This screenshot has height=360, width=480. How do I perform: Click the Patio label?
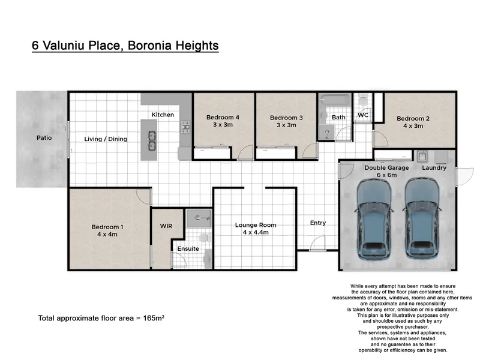pos(44,138)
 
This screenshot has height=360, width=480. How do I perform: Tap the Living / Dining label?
pos(106,139)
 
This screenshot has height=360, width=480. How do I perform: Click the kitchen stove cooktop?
pos(185,127)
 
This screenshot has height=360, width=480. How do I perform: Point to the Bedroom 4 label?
pos(223,117)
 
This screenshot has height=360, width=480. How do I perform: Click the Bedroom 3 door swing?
pos(310,151)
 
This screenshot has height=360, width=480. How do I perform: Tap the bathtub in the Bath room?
pos(335,100)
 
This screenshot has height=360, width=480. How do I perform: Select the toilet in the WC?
pos(363,100)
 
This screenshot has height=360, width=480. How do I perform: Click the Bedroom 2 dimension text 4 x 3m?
pos(413,126)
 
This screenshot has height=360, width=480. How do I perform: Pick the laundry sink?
pos(422,157)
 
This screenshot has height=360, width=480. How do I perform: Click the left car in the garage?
pos(373,218)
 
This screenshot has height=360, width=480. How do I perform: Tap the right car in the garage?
pos(422,218)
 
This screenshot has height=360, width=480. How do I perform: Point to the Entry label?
pos(318,223)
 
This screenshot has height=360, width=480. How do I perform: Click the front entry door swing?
pos(317,243)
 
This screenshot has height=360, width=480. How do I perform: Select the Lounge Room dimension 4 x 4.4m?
pos(256,232)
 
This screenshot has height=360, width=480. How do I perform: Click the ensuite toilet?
pos(204,238)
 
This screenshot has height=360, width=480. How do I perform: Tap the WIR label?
pos(166,226)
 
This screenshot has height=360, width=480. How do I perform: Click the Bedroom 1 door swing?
pos(143,197)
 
